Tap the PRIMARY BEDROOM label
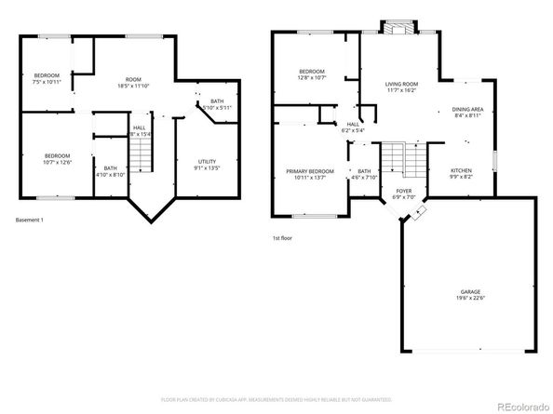point(310,171)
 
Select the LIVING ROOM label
point(402,85)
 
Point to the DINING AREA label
point(467,109)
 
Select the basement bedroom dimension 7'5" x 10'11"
point(47,82)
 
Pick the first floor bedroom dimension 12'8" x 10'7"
point(312,79)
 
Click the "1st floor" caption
point(282,238)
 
